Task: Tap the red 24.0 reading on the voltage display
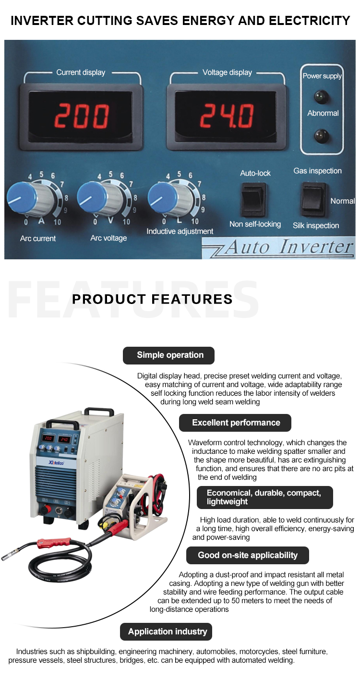pyautogui.click(x=227, y=116)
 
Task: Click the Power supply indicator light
pyautogui.click(x=319, y=96)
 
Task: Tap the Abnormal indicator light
pyautogui.click(x=319, y=136)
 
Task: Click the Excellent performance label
pyautogui.click(x=235, y=423)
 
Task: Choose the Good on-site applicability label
pyautogui.click(x=247, y=555)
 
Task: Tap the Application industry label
pyautogui.click(x=167, y=631)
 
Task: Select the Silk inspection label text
pyautogui.click(x=316, y=226)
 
